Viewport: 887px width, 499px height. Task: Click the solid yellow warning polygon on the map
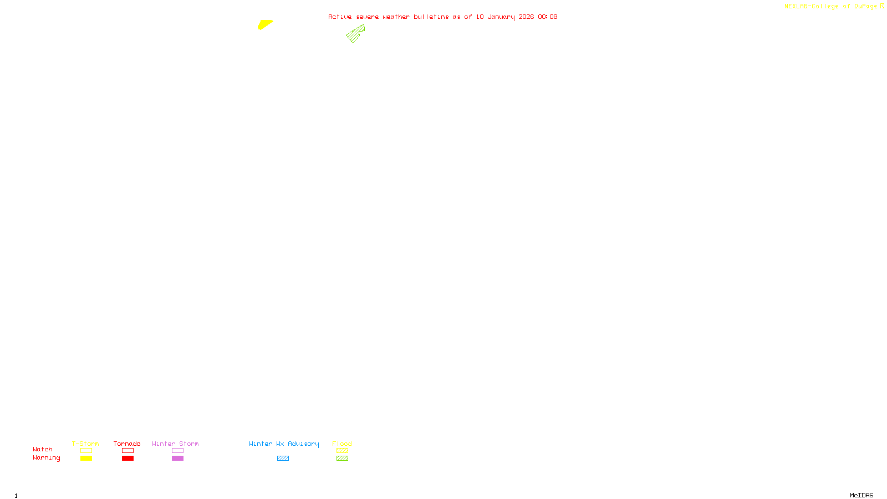[x=264, y=24]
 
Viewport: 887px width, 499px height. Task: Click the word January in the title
[x=501, y=17]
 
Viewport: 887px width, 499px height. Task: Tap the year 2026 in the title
[x=526, y=17]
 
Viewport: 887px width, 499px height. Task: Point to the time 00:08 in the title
[x=547, y=17]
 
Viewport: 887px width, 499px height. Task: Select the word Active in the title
[x=340, y=17]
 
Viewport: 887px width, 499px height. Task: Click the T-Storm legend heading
[x=85, y=444]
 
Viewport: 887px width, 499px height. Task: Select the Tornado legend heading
[x=127, y=444]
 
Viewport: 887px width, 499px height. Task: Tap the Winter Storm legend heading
[x=175, y=444]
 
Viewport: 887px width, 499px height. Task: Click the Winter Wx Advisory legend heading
[x=284, y=444]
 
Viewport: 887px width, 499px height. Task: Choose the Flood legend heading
[x=342, y=444]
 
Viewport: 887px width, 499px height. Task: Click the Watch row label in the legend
[x=43, y=449]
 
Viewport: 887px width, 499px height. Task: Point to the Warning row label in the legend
[x=46, y=458]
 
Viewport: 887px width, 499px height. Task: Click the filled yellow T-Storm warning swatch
[x=86, y=459]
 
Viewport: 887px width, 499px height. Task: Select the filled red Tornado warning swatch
[x=128, y=459]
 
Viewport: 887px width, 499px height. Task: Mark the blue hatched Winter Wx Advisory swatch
[x=283, y=459]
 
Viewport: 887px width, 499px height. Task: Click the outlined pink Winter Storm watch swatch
[x=177, y=451]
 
